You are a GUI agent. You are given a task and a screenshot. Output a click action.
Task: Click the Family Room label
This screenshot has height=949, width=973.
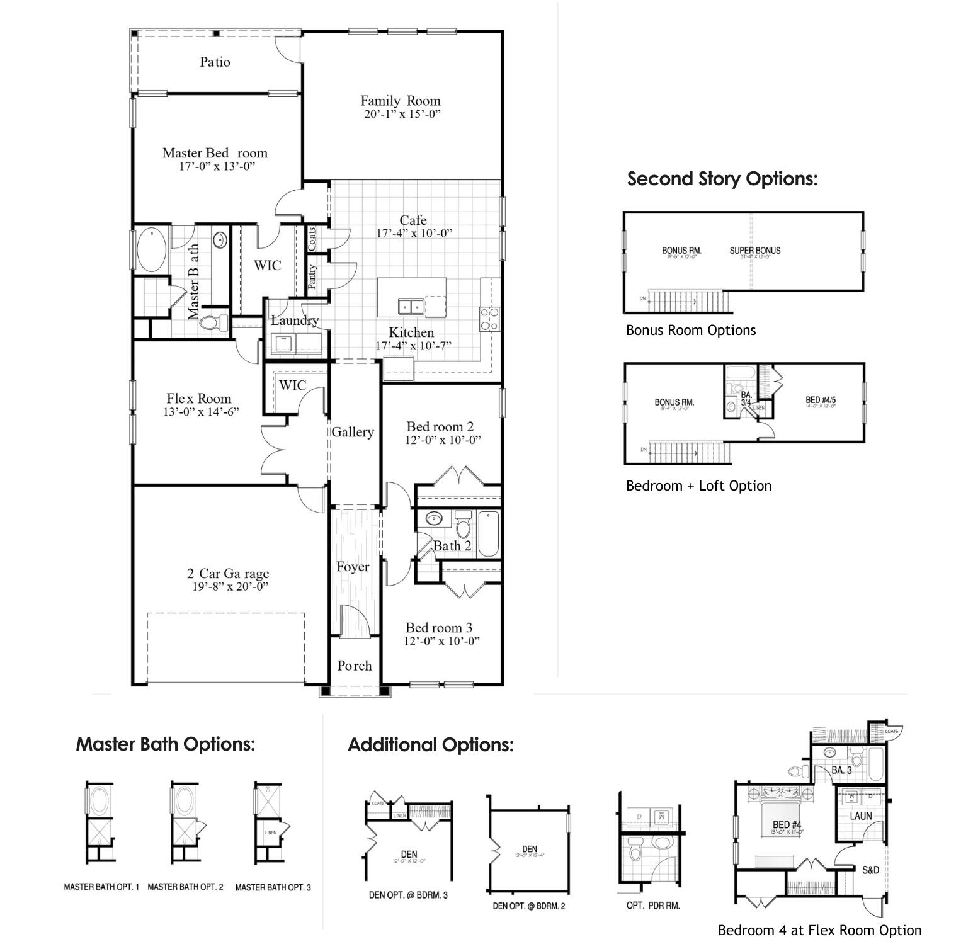pyautogui.click(x=400, y=101)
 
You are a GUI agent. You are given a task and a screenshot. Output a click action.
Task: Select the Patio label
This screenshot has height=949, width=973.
pyautogui.click(x=215, y=62)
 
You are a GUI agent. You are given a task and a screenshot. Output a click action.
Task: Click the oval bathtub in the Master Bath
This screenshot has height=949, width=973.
pyautogui.click(x=152, y=250)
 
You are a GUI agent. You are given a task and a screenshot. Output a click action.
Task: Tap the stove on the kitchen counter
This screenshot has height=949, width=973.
pyautogui.click(x=489, y=318)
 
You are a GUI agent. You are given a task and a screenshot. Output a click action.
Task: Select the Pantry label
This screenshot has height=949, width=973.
pyautogui.click(x=312, y=277)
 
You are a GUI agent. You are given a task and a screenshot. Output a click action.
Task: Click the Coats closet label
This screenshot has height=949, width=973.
pyautogui.click(x=312, y=239)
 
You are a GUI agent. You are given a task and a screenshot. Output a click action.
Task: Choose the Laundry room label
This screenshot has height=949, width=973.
pyautogui.click(x=295, y=320)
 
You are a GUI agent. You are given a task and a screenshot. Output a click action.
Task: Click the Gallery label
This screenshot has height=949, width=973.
pyautogui.click(x=353, y=432)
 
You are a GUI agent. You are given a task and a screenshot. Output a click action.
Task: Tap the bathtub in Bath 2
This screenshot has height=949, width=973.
pyautogui.click(x=489, y=534)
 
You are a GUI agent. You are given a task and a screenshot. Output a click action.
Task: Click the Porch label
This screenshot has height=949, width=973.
pyautogui.click(x=355, y=666)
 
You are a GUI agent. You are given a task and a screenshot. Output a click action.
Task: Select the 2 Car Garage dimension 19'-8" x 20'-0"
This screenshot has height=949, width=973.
pyautogui.click(x=230, y=587)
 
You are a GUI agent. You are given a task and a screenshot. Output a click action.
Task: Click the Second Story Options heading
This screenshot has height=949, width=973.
pyautogui.click(x=722, y=179)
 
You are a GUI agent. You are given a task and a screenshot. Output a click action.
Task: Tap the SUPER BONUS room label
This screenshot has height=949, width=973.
pyautogui.click(x=754, y=251)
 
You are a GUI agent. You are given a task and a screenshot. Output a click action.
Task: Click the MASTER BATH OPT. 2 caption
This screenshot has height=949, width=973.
pyautogui.click(x=185, y=887)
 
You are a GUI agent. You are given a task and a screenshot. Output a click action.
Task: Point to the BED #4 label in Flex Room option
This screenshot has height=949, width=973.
pyautogui.click(x=787, y=824)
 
